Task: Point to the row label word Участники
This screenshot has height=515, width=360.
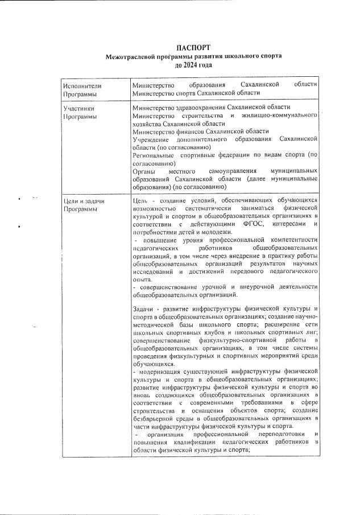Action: pyautogui.click(x=78, y=108)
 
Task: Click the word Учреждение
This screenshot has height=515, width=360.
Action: pyautogui.click(x=150, y=139)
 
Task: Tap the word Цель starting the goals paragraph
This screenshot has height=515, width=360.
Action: pyautogui.click(x=139, y=201)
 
